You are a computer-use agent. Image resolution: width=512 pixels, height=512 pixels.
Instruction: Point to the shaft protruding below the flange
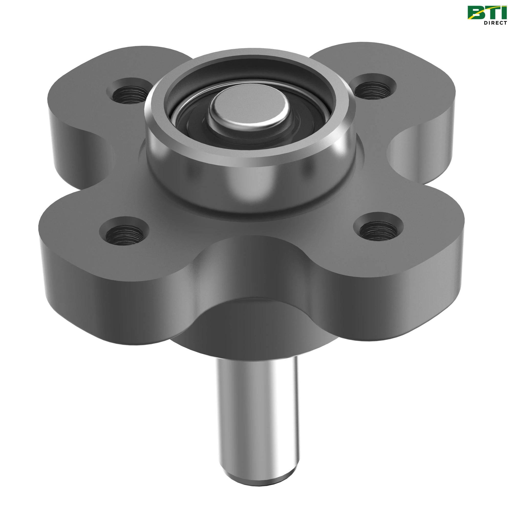click(256, 408)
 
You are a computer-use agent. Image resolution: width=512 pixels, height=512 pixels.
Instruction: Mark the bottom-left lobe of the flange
click(88, 239)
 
